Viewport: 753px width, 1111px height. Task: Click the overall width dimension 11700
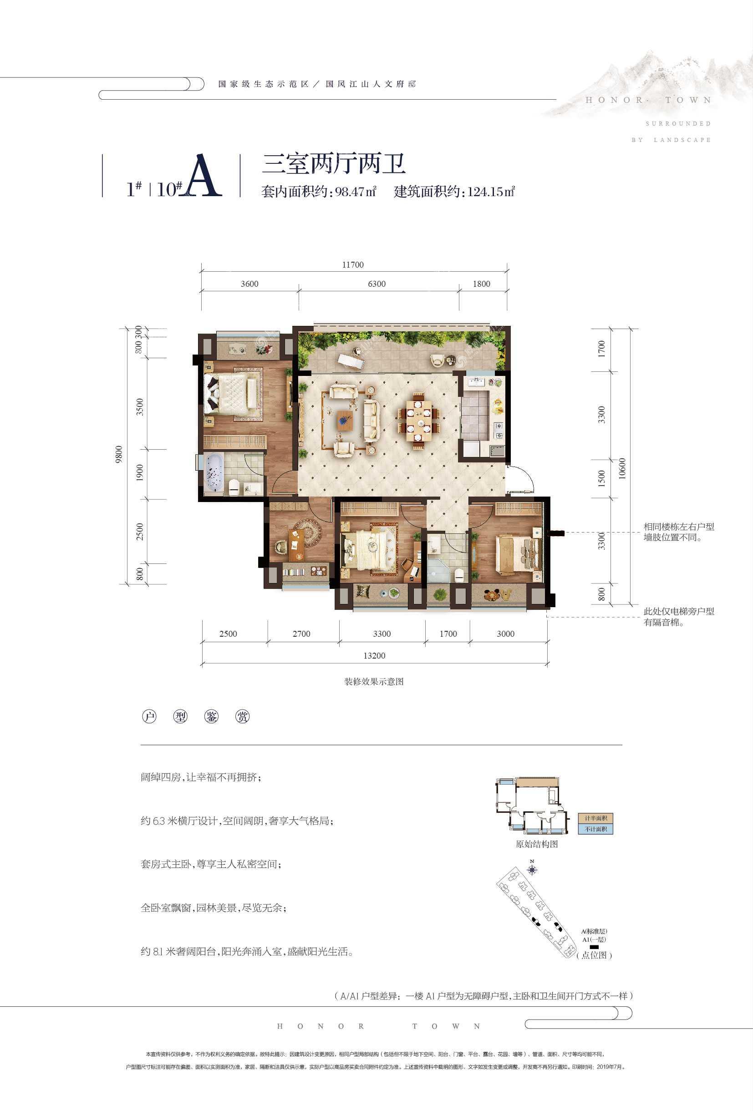coord(353,265)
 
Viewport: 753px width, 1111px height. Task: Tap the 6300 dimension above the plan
coord(377,284)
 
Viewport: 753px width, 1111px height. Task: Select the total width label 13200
coord(374,655)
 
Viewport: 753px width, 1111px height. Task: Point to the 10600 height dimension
coord(621,468)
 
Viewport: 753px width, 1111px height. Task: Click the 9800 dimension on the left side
coord(119,454)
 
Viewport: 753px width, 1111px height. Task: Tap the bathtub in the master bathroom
coord(214,473)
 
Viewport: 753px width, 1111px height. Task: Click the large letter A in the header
coord(203,177)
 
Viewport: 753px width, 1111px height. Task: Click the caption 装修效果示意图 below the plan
coord(374,682)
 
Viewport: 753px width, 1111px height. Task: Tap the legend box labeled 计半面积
coord(595,818)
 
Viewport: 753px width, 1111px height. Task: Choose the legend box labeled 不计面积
coord(595,829)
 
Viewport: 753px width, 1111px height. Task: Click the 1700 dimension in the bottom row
coord(448,634)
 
